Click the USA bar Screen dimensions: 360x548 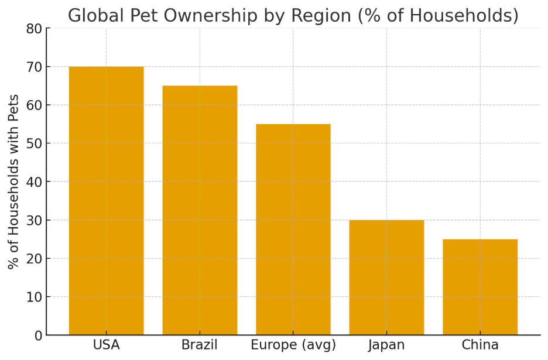pyautogui.click(x=106, y=201)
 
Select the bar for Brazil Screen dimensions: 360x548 pyautogui.click(x=200, y=210)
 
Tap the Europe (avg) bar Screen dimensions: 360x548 pyautogui.click(x=293, y=229)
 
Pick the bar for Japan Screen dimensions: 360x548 pyautogui.click(x=386, y=277)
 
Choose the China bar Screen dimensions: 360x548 pyautogui.click(x=480, y=287)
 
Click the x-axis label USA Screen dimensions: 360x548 pyautogui.click(x=106, y=345)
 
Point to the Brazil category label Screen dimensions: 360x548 pyautogui.click(x=200, y=345)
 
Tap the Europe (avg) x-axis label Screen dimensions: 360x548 pyautogui.click(x=293, y=345)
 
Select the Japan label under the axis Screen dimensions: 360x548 pyautogui.click(x=386, y=345)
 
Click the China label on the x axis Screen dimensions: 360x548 pyautogui.click(x=480, y=345)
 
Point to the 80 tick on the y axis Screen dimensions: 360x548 pyautogui.click(x=35, y=29)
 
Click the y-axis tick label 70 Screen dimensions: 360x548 pyautogui.click(x=35, y=67)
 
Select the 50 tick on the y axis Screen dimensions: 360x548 pyautogui.click(x=35, y=143)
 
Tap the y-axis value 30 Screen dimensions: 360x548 pyautogui.click(x=35, y=220)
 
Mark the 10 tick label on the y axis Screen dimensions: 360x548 pyautogui.click(x=35, y=297)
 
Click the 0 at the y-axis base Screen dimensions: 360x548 pyautogui.click(x=39, y=335)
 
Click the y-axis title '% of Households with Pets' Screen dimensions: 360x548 pyautogui.click(x=13, y=181)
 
